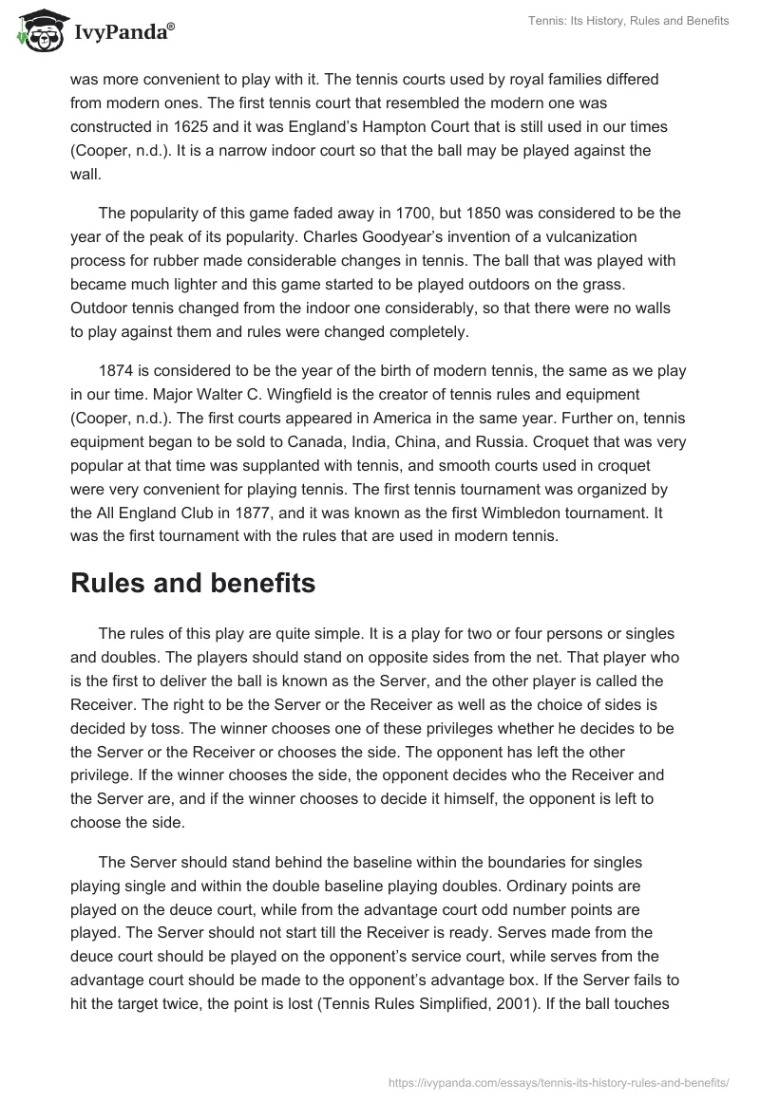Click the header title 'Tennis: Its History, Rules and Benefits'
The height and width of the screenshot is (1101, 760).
click(630, 22)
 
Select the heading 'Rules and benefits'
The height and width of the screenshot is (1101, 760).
click(193, 584)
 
